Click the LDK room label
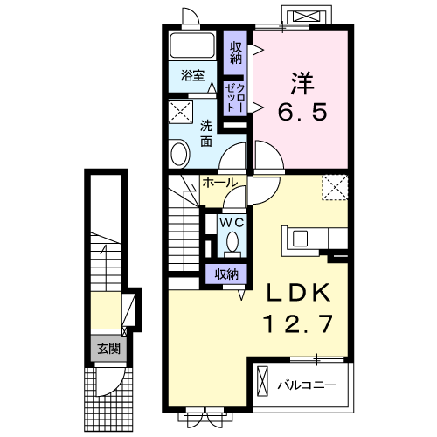tap(298, 293)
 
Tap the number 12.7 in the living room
tap(298, 323)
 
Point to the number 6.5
tap(302, 112)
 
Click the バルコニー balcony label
tap(307, 385)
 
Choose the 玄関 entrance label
tap(108, 349)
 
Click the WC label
tap(232, 224)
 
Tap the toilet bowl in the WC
tap(232, 241)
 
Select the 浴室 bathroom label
tap(192, 75)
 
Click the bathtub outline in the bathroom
tap(192, 45)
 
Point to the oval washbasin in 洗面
tap(180, 154)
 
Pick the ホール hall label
tap(220, 183)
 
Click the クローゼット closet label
tap(235, 98)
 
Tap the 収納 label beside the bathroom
tap(236, 52)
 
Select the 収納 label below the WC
tap(226, 274)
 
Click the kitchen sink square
tap(300, 239)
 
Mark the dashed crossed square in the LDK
tap(335, 187)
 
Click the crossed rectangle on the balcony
tap(262, 381)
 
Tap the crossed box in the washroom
tap(181, 112)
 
